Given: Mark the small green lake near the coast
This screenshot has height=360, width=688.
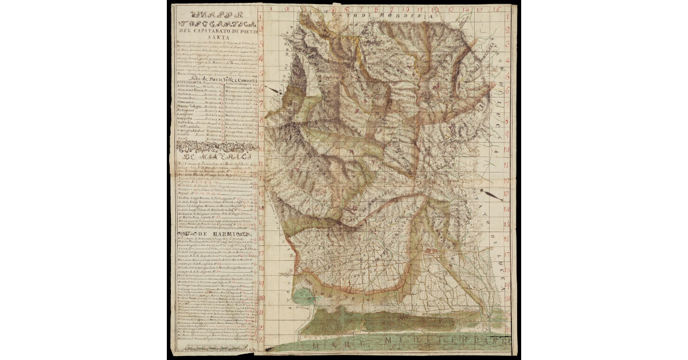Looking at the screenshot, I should click(304, 297).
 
